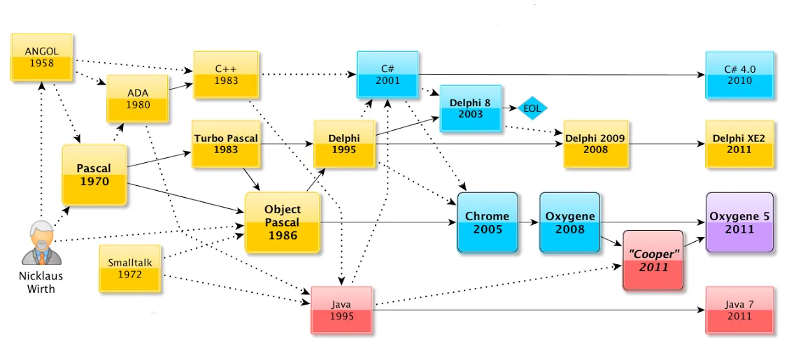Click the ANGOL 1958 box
pos(41,57)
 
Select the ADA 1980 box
pos(138,99)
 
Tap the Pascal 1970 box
pos(94,175)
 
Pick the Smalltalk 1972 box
pos(130,268)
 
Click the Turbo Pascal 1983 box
pos(226,144)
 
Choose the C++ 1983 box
pos(226,74)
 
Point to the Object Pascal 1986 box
pos(283,222)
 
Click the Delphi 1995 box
pos(344,144)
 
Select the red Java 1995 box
pos(342,310)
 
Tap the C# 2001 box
pos(388,74)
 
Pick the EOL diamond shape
pos(533,108)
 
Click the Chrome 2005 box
pos(488,222)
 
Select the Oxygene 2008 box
pos(570,222)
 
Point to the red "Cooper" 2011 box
pos(653,260)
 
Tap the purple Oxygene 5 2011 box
pos(739,222)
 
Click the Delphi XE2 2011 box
pos(739,144)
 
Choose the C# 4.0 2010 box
pos(739,74)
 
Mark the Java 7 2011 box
pos(739,310)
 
